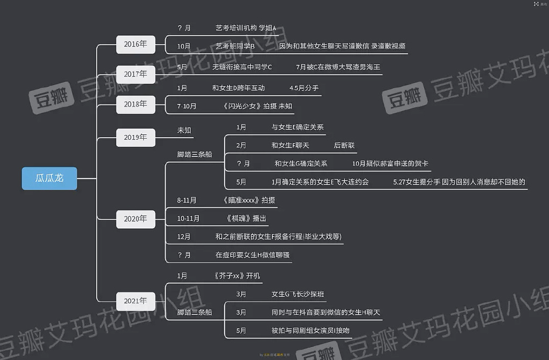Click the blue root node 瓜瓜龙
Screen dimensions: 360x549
pos(49,178)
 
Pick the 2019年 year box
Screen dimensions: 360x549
pos(136,137)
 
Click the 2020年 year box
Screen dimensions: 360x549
pos(136,219)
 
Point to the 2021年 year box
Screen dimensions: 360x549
pos(136,301)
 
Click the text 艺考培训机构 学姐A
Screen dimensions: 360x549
pos(246,28)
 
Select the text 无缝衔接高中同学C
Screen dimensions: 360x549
pos(242,67)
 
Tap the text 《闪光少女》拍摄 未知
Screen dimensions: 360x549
pos(257,106)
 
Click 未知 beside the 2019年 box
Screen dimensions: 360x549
pos(184,130)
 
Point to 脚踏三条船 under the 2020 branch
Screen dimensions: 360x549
pos(195,154)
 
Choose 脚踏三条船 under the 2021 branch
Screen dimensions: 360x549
pos(195,312)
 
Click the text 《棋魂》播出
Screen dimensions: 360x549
pos(246,218)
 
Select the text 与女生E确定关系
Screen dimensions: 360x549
pos(298,127)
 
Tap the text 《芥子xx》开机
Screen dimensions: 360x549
pos(236,276)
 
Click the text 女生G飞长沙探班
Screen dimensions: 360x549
pos(298,294)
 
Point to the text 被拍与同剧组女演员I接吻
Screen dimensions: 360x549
pos(310,331)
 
